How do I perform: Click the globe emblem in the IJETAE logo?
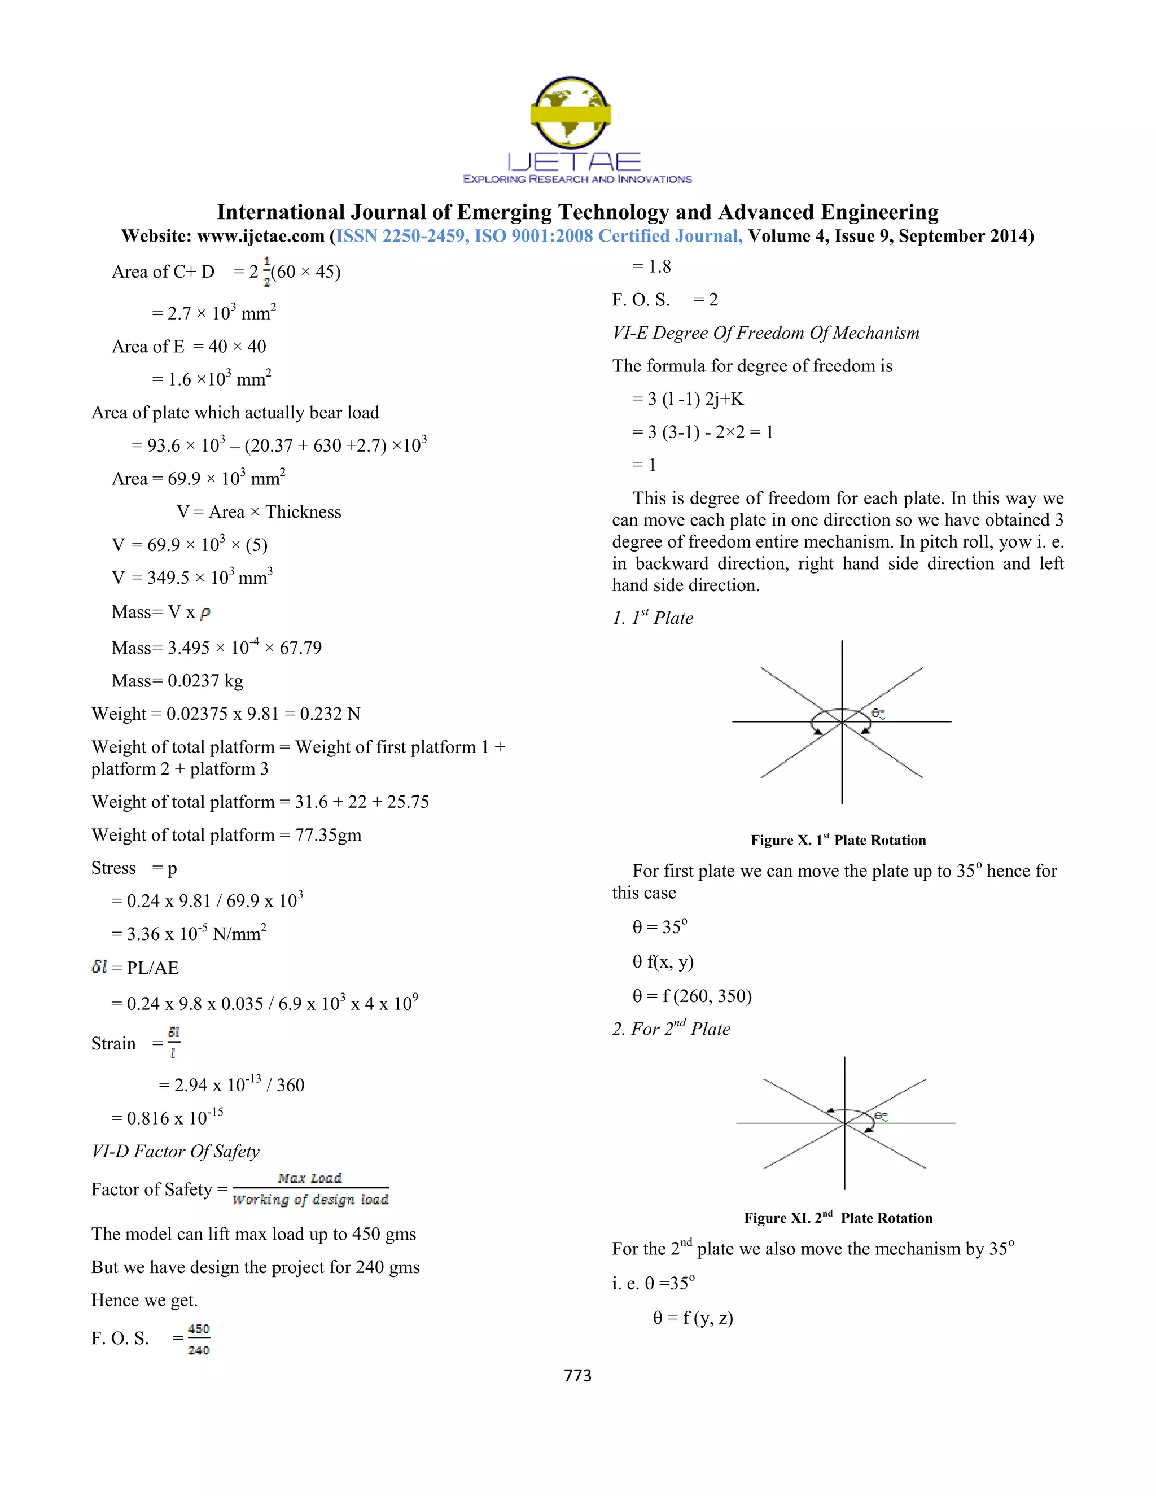pos(571,112)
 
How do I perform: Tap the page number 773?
pos(577,1375)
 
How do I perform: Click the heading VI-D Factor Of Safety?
pos(176,1152)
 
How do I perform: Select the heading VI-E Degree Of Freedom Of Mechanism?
pos(765,333)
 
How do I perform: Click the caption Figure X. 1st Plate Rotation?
pos(838,840)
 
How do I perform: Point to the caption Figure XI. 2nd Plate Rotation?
pos(838,1218)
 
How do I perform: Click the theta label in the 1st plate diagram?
pos(878,714)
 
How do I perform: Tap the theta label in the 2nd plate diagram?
pos(881,1117)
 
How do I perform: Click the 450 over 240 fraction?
pos(199,1339)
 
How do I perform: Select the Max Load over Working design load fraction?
pos(310,1189)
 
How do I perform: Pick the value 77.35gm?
pos(328,835)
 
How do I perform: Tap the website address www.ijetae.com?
pos(260,237)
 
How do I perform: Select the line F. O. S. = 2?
pos(664,300)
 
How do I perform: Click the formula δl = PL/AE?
pos(135,968)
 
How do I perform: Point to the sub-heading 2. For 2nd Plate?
pos(671,1029)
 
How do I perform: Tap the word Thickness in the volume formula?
pos(303,513)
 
